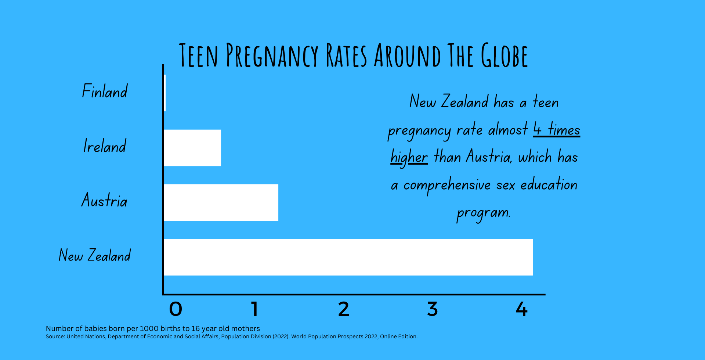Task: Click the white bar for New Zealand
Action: click(348, 257)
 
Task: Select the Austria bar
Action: click(221, 202)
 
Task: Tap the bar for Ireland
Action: click(192, 148)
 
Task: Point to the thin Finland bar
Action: click(165, 93)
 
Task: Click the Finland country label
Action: click(105, 91)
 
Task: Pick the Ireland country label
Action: click(105, 146)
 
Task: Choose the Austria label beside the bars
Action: click(104, 201)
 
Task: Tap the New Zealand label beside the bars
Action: click(95, 255)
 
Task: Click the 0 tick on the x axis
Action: click(176, 309)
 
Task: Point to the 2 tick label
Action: click(344, 309)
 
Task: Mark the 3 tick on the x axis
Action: click(433, 309)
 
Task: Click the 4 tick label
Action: click(521, 309)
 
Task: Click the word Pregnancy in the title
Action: click(272, 55)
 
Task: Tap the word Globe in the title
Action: click(505, 55)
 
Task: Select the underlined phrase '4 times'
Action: click(557, 130)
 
